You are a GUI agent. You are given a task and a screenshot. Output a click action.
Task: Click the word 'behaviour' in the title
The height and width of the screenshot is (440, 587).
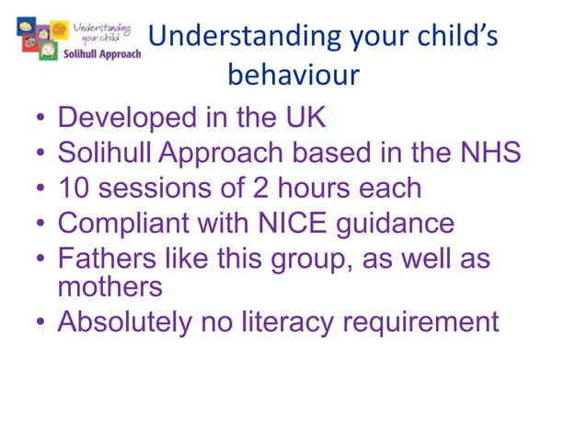(x=292, y=74)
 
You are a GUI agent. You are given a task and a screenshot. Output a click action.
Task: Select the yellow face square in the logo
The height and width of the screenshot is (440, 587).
(x=60, y=30)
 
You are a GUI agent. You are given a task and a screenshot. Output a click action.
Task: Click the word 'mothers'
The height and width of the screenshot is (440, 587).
(x=110, y=286)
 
